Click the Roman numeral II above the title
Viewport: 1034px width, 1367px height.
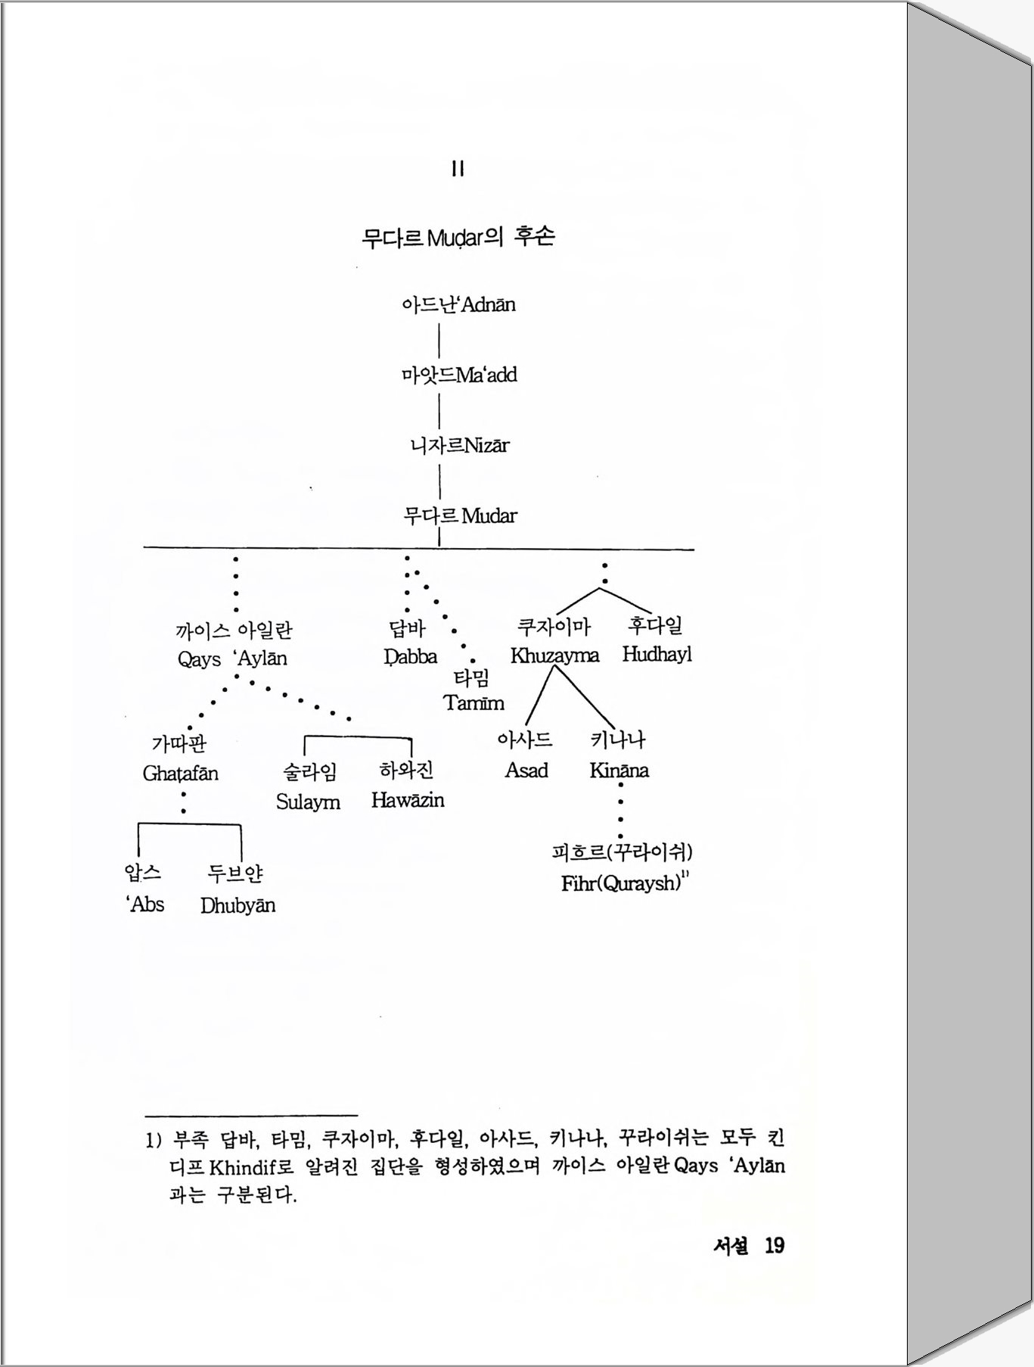tap(458, 169)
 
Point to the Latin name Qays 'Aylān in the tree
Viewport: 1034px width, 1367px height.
tap(232, 659)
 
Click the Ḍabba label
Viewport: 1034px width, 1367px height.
tap(410, 656)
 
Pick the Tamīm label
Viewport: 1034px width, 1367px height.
tap(474, 703)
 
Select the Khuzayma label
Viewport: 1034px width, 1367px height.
tap(554, 655)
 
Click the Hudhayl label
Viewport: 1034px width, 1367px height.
tap(657, 654)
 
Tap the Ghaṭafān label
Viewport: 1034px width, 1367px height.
tap(180, 774)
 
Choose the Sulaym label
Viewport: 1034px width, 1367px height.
tap(308, 802)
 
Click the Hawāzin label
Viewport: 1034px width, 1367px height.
tap(407, 800)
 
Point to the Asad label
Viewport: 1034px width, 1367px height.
tap(526, 771)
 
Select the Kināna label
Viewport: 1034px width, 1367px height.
tap(619, 771)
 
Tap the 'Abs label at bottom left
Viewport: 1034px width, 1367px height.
tap(144, 905)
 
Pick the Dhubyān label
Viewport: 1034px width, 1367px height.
tap(238, 905)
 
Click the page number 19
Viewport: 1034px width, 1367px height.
tap(774, 1246)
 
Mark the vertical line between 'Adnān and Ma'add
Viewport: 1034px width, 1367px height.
tap(439, 339)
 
